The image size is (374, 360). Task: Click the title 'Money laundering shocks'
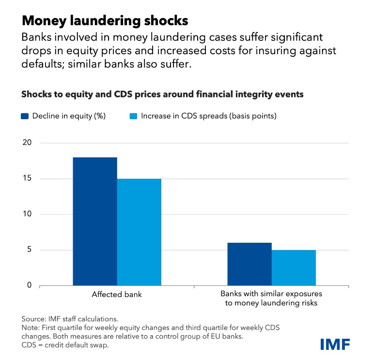[x=105, y=21]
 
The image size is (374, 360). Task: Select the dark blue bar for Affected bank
[x=95, y=221]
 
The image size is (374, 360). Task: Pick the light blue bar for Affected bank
[x=139, y=232]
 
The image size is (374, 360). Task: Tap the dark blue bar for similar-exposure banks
[x=249, y=264]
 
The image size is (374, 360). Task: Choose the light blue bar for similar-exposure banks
[x=294, y=267]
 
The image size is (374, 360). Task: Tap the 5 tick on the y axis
[x=29, y=250]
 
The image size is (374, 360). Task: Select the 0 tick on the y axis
[x=29, y=285]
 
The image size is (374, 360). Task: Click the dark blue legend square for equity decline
[x=25, y=116]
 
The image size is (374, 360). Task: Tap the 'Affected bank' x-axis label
[x=117, y=295]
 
